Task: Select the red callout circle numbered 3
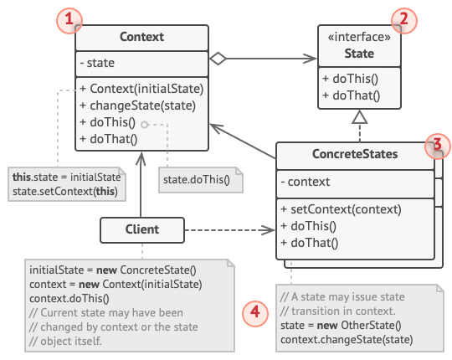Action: [434, 143]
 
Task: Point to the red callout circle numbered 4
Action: [254, 312]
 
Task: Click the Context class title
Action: [141, 37]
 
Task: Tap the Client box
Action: [141, 228]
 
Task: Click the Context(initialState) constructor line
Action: [141, 89]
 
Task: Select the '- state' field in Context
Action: [99, 63]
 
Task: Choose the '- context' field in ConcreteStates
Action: [307, 181]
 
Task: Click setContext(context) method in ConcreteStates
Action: [341, 209]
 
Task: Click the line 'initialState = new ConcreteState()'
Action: [111, 270]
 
